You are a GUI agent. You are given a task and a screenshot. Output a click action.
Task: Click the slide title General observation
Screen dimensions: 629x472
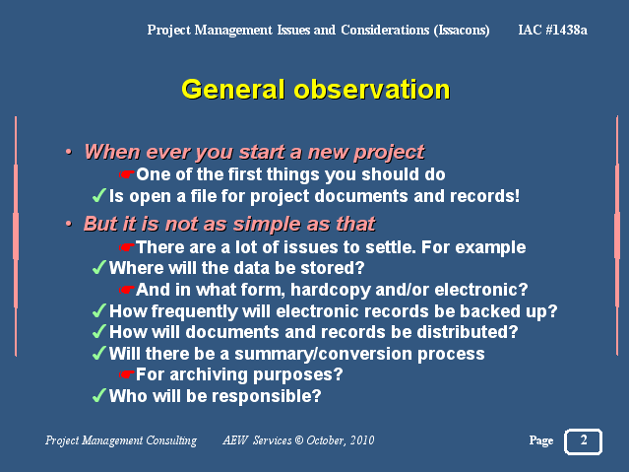(x=316, y=90)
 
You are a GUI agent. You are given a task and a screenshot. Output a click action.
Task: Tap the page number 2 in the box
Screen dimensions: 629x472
(x=584, y=439)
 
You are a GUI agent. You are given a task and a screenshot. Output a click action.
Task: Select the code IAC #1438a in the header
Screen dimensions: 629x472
(x=553, y=30)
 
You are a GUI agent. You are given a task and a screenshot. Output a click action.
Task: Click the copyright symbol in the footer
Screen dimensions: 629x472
(x=299, y=440)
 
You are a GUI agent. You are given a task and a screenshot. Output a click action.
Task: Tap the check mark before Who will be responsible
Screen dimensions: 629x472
(x=99, y=395)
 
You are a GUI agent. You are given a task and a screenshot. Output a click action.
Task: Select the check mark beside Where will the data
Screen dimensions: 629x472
(x=99, y=267)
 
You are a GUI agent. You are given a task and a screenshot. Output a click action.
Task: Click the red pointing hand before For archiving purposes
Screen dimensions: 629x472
(x=126, y=374)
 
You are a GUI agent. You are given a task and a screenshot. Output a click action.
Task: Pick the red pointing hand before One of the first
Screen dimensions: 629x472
(x=126, y=174)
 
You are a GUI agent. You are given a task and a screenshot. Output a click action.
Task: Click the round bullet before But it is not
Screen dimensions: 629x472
(x=69, y=224)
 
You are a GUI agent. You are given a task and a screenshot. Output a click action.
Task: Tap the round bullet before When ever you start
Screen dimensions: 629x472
(x=69, y=153)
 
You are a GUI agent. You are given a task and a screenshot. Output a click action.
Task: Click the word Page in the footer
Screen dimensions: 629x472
(x=541, y=440)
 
